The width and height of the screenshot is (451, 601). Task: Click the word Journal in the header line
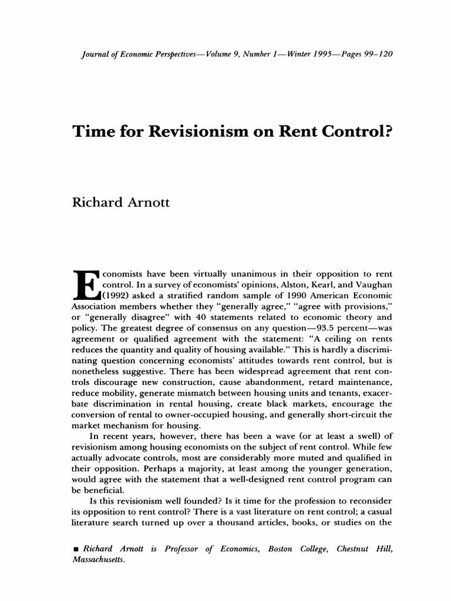coord(93,55)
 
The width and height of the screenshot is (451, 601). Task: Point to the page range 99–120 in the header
coord(375,55)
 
